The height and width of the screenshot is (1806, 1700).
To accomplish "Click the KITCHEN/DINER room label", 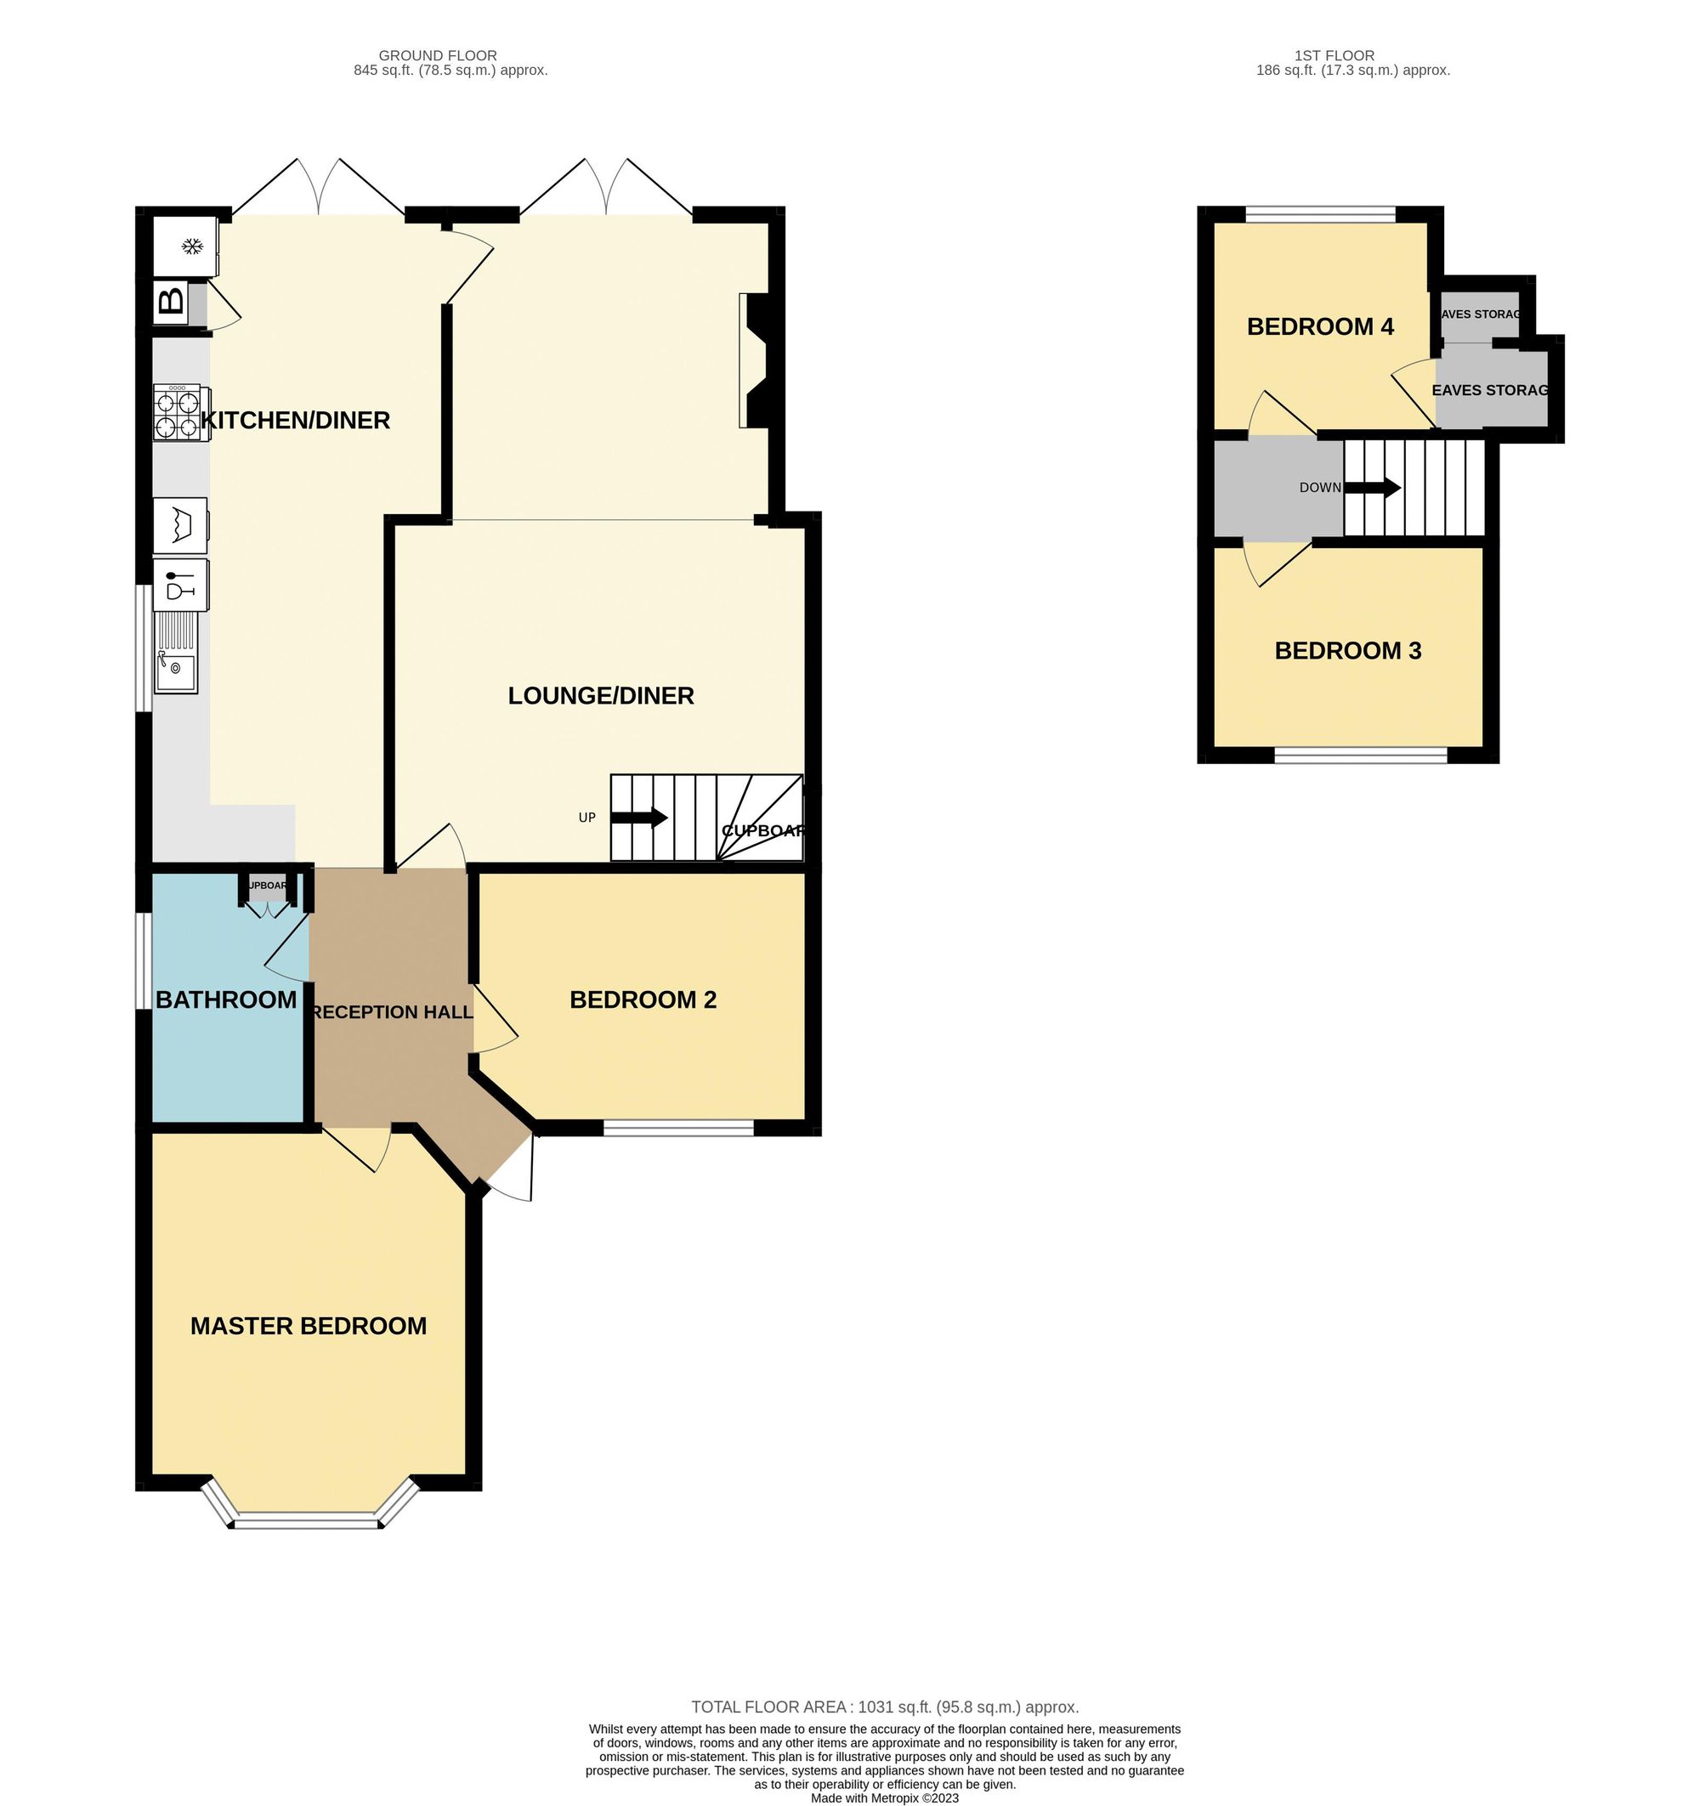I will [x=295, y=420].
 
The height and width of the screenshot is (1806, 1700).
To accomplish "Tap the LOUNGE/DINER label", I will [x=601, y=695].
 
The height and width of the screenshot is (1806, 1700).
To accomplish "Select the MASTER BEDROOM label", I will [x=308, y=1326].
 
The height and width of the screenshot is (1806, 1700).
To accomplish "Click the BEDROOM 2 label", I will [x=643, y=999].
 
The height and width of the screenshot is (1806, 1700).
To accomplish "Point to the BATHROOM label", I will [x=226, y=999].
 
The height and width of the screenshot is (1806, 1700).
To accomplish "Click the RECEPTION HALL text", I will [x=392, y=1012].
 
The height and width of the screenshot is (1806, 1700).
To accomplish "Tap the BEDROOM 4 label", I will [x=1319, y=326].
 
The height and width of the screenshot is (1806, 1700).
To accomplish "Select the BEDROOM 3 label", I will [x=1347, y=650].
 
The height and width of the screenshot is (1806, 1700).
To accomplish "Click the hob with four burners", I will [x=177, y=413].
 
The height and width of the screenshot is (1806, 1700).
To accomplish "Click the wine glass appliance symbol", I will [x=180, y=583].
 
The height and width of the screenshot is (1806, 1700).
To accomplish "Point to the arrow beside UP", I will [x=640, y=818].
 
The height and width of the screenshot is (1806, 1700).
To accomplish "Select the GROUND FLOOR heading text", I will [x=437, y=55].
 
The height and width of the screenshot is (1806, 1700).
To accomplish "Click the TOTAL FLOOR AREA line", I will [x=884, y=1707].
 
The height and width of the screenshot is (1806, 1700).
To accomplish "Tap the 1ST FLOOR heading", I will [x=1334, y=55].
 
